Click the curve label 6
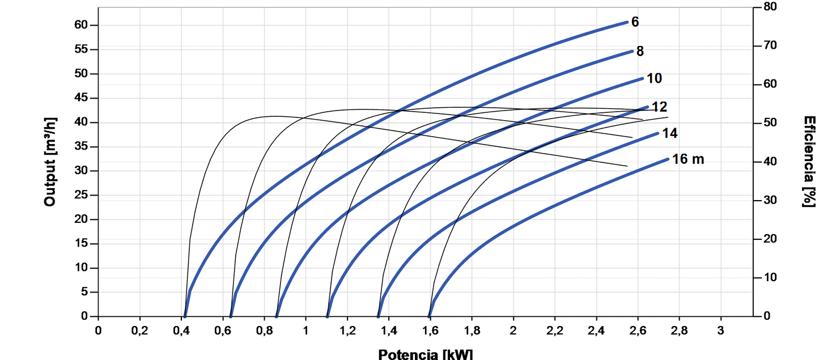(x=635, y=22)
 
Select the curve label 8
(x=640, y=52)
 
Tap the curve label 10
(x=654, y=78)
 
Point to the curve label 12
(x=659, y=107)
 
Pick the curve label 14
(x=670, y=133)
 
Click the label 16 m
(x=688, y=159)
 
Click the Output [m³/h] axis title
(x=50, y=162)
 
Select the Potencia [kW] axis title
(x=425, y=354)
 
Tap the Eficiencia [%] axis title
(x=809, y=162)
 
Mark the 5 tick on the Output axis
(x=86, y=293)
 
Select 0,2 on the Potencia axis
(x=139, y=330)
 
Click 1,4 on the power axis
(x=389, y=330)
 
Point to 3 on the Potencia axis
(x=721, y=330)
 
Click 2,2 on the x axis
(x=555, y=330)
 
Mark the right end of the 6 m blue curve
(x=627, y=22)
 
